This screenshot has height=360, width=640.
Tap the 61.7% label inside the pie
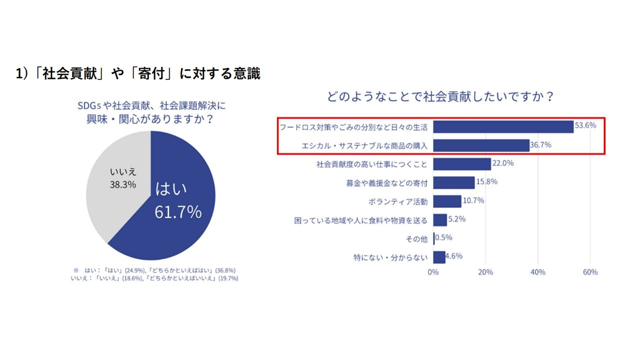178,212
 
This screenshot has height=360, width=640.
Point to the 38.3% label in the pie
123,184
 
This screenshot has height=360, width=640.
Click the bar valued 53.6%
503,126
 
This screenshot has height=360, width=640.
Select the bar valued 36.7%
481,145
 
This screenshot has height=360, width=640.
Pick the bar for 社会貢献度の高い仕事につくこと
462,164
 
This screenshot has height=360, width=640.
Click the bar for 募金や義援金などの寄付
454,182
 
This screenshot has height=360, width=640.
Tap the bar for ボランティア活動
447,201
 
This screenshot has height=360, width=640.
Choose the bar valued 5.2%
440,220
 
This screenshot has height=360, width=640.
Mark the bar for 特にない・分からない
439,257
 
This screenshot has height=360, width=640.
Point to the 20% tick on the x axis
485,272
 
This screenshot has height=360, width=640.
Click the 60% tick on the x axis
590,272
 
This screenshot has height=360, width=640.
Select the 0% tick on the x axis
433,272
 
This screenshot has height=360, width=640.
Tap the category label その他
416,239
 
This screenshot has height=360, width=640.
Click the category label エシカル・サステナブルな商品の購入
365,145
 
